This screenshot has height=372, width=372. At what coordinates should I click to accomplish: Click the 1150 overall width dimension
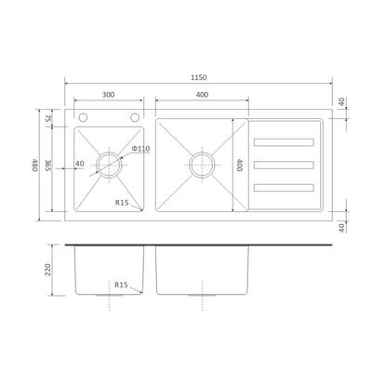[x=198, y=77]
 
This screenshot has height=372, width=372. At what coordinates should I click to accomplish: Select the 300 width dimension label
[x=108, y=95]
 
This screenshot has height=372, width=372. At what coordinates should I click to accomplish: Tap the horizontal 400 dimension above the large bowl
[x=202, y=95]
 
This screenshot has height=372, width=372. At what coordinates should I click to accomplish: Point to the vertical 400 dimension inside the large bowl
[x=239, y=165]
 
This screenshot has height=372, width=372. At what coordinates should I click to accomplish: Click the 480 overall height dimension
[x=35, y=166]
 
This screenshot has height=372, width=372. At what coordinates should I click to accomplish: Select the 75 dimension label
[x=47, y=118]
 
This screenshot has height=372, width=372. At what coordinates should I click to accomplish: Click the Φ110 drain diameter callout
[x=141, y=149]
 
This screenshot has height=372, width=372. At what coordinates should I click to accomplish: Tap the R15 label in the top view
[x=122, y=203]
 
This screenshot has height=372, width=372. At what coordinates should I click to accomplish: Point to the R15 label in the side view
[x=121, y=285]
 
